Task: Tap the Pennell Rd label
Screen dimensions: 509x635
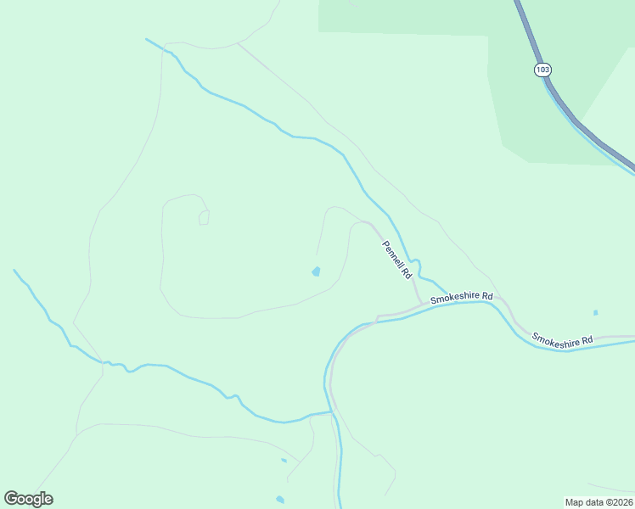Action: [396, 260]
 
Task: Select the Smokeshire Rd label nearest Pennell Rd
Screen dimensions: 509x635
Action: [461, 298]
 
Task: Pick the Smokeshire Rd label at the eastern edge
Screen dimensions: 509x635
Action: [562, 339]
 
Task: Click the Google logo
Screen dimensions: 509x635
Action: [28, 499]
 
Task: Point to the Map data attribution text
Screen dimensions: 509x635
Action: [598, 501]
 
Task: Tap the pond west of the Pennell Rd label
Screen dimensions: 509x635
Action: [316, 271]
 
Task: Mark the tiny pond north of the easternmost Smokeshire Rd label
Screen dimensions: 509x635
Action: [595, 313]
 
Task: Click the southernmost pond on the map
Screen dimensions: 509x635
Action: [280, 500]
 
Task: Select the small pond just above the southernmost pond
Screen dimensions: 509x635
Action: [284, 461]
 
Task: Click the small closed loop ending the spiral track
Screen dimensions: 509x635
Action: [204, 218]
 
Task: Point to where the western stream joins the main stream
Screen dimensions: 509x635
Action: [329, 412]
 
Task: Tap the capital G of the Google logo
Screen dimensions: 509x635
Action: [11, 499]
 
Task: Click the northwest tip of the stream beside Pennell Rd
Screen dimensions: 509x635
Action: [147, 39]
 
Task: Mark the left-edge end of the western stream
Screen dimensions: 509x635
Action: [14, 271]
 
